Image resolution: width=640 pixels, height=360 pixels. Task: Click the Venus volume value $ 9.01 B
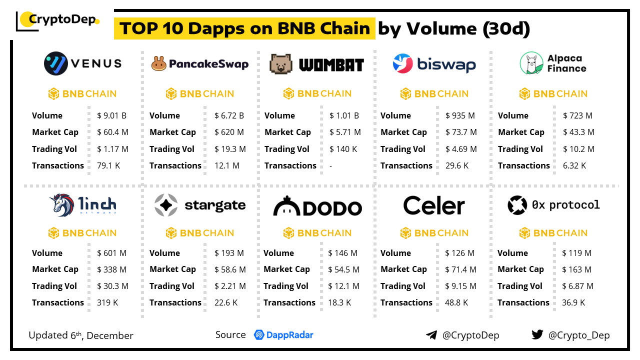tap(111, 115)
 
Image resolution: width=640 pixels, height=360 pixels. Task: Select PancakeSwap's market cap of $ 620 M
tap(229, 132)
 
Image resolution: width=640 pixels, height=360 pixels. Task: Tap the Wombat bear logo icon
tap(280, 64)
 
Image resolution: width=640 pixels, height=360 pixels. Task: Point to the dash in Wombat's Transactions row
tap(331, 165)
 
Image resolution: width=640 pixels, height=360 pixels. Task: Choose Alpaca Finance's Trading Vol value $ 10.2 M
tap(578, 149)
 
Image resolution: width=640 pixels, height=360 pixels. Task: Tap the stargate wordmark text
tap(215, 205)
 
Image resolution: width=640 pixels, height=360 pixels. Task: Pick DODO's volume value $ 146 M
tap(342, 253)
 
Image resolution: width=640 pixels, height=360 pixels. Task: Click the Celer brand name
tap(433, 205)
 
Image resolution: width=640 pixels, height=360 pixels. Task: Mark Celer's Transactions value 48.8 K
tap(456, 302)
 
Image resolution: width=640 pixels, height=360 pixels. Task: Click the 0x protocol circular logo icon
tap(517, 205)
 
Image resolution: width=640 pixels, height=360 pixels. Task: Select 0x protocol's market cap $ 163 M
tap(576, 269)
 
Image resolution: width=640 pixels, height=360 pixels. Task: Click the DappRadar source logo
tap(283, 335)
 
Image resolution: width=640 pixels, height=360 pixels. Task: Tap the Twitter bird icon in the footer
tap(537, 335)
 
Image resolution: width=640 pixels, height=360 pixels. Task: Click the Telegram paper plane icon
tap(431, 335)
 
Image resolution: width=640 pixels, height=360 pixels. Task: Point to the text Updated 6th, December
tap(81, 335)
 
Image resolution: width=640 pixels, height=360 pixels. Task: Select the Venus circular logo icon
tap(55, 63)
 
